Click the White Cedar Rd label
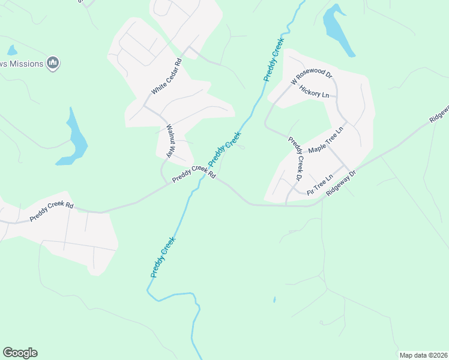coord(166,77)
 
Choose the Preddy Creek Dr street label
coord(295,159)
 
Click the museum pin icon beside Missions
coord(53,62)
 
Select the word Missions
coord(28,64)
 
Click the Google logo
coord(20,353)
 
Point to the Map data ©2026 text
coord(423,355)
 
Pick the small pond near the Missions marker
coord(11,50)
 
